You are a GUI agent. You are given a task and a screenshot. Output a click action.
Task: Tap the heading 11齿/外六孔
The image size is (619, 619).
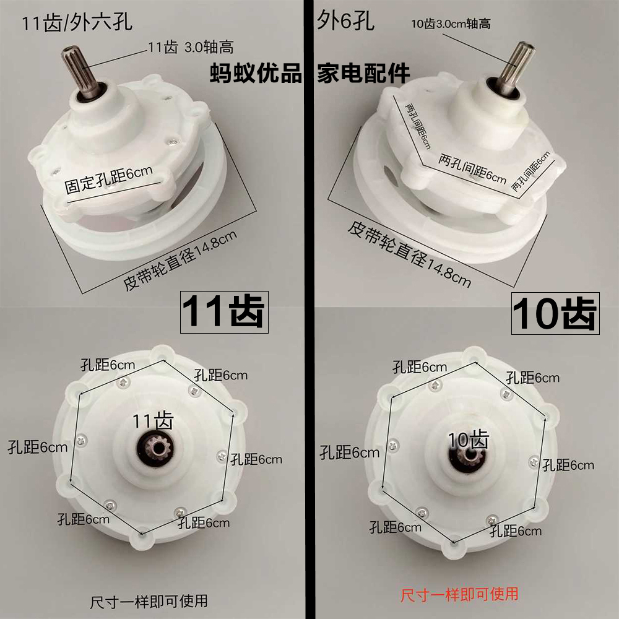point(77,24)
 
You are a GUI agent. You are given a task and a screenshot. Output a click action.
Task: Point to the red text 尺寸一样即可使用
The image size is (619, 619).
point(459,594)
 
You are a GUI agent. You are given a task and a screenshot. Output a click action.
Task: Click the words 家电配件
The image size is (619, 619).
point(364,72)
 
